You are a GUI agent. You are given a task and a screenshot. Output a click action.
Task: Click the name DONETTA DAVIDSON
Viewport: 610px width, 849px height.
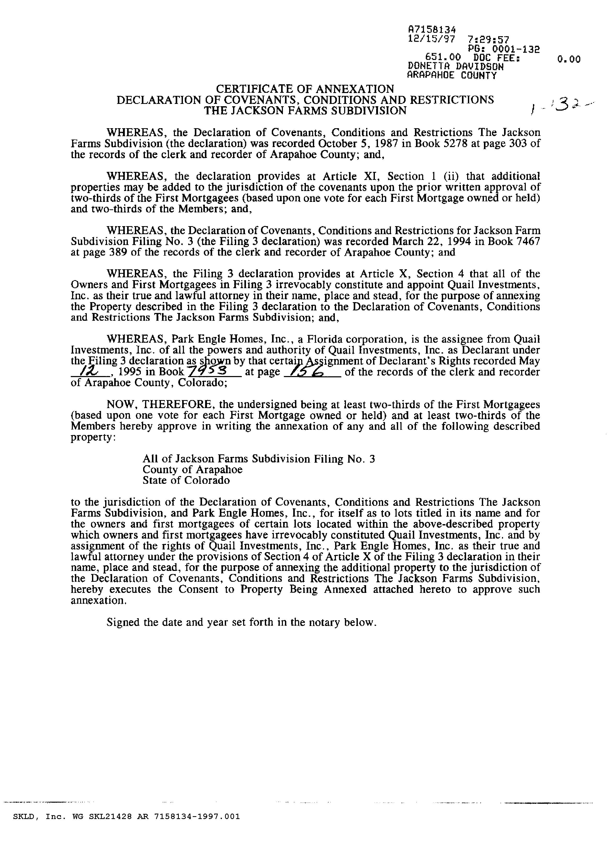pos(455,67)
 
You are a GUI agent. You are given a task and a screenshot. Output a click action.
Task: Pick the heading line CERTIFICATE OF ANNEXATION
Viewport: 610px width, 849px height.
pos(305,89)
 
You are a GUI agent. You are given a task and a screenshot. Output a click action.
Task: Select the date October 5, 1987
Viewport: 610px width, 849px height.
pos(358,144)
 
